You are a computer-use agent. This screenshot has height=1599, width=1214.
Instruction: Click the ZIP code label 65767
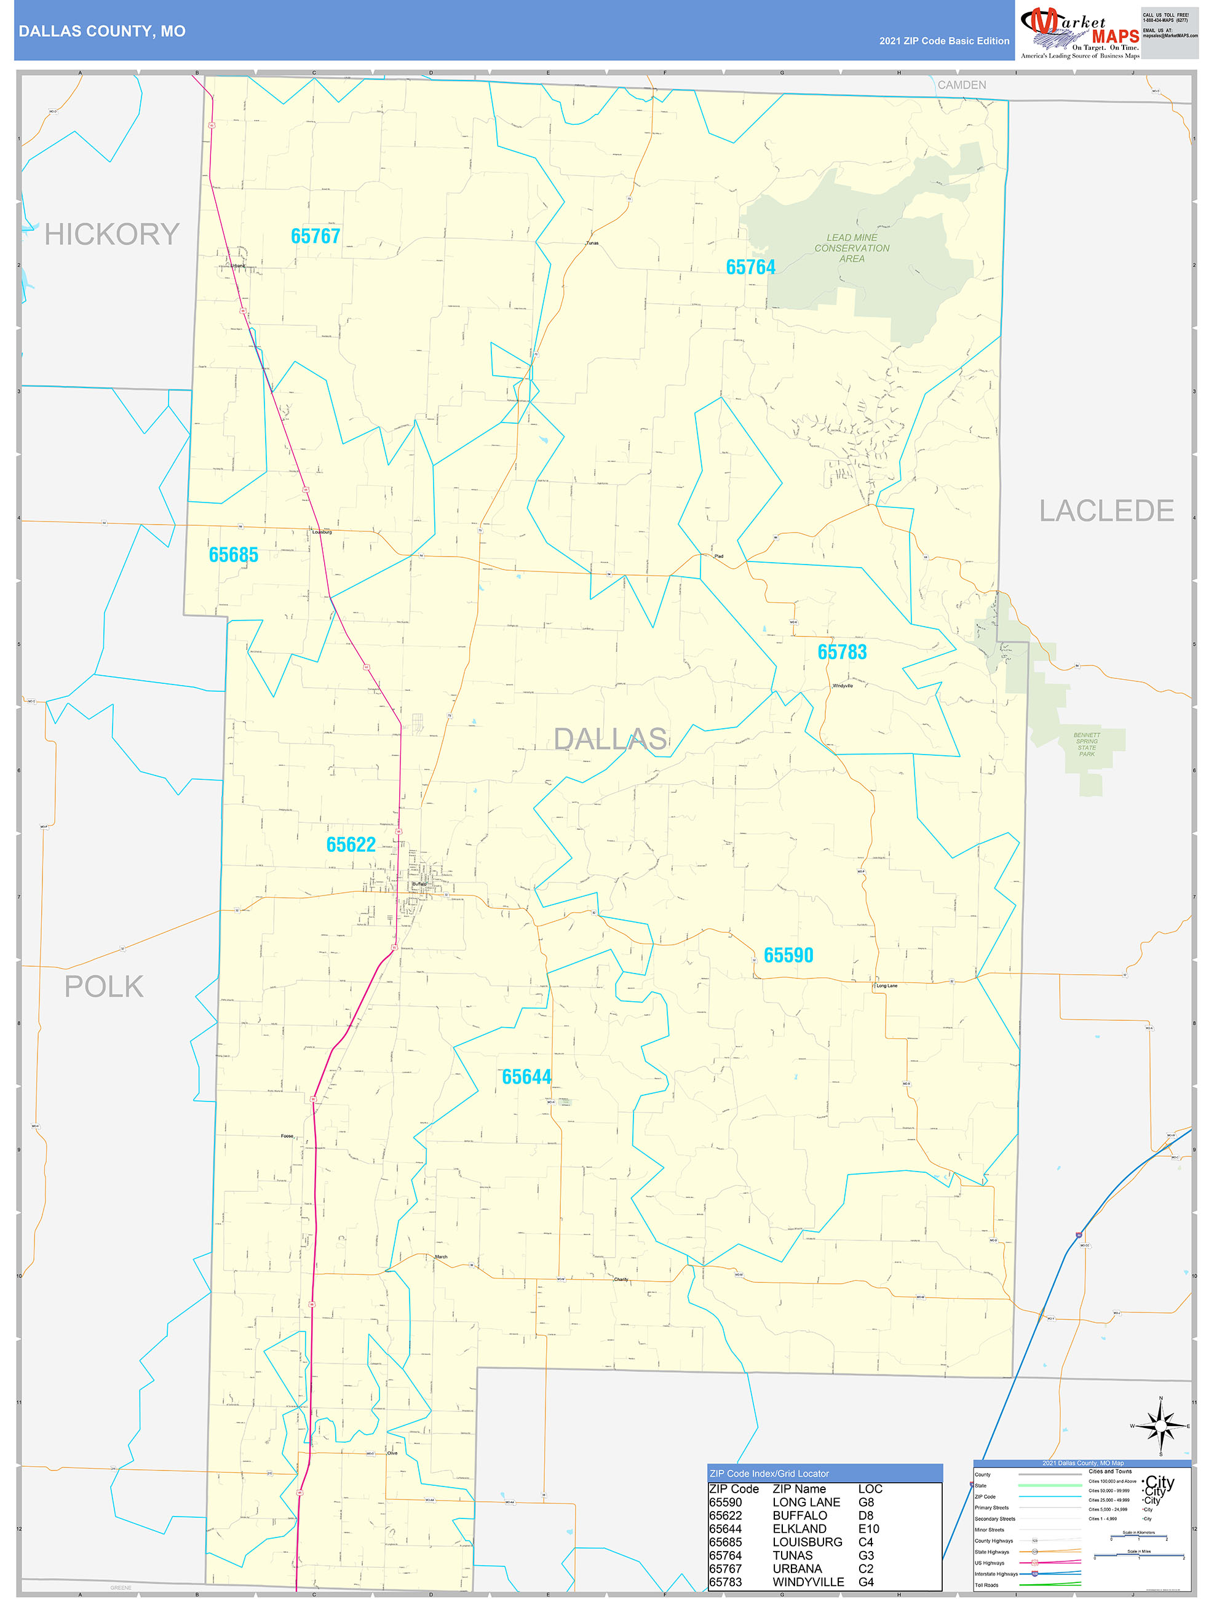[315, 236]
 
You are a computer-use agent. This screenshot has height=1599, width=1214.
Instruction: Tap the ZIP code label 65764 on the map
[750, 268]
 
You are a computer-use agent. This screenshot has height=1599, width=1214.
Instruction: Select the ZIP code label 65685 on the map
[233, 555]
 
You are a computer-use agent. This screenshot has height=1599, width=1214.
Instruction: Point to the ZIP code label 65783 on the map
[842, 652]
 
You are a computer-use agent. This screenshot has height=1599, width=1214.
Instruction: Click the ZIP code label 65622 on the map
[351, 844]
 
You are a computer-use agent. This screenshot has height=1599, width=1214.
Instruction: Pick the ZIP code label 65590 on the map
[788, 955]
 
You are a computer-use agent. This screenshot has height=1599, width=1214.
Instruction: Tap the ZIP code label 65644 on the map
[526, 1077]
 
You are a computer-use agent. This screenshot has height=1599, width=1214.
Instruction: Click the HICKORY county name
[111, 234]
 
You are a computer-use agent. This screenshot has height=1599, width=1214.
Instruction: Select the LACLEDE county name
[1106, 511]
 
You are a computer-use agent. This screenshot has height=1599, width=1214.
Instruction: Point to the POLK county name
[104, 986]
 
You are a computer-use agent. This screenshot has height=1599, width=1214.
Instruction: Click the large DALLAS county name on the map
[609, 739]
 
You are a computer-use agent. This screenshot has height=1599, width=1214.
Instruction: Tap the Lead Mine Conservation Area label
[852, 248]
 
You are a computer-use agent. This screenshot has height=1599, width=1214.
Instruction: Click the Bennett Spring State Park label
[1086, 745]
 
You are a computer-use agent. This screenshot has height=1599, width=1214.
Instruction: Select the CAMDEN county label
[961, 85]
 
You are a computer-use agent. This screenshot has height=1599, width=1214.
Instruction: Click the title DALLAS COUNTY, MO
[102, 31]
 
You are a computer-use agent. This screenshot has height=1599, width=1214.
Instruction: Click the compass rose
[1160, 1426]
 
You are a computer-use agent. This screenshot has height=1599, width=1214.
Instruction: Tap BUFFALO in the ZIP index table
[799, 1515]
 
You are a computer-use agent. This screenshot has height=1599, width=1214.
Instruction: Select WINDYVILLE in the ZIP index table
[807, 1582]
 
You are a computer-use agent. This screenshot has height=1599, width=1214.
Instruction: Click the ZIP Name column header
[799, 1488]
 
